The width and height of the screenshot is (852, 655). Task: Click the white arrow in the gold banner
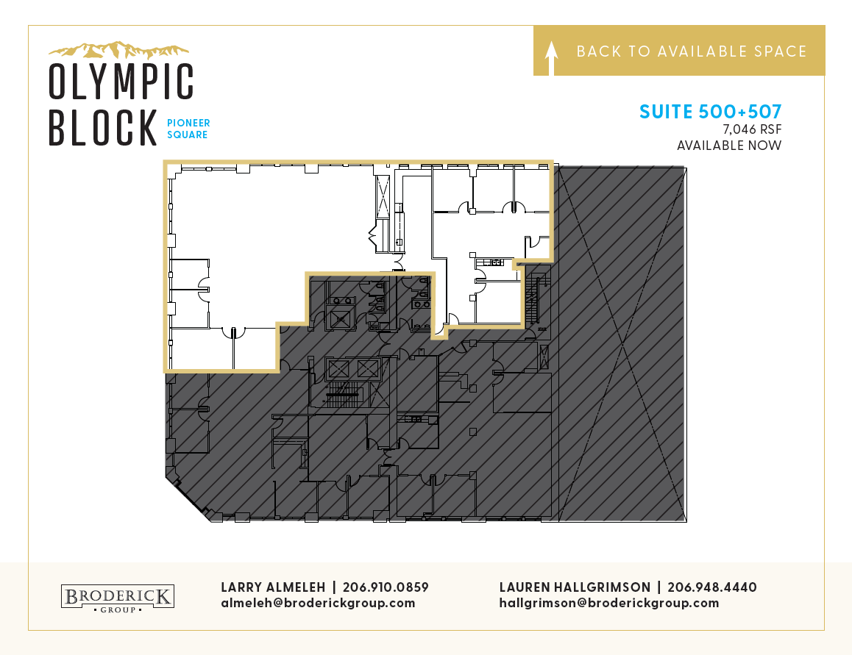[552, 57]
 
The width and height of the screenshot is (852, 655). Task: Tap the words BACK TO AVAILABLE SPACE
[691, 51]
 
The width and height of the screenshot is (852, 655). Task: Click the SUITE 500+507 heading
[710, 111]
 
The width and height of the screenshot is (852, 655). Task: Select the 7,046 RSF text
[752, 129]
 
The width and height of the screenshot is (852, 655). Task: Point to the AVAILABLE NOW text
[729, 146]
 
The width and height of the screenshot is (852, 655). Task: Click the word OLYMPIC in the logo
[121, 82]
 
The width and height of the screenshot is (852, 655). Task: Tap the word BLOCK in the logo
[103, 127]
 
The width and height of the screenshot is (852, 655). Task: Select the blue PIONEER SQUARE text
[188, 129]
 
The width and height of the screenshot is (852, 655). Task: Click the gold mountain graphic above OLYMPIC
[118, 50]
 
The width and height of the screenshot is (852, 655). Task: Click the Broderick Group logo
[118, 598]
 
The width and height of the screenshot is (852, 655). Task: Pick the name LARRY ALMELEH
[273, 587]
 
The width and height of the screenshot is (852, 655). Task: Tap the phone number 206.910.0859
[386, 587]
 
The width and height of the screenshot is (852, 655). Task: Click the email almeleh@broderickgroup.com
[318, 603]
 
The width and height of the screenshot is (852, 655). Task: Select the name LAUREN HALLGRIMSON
[575, 587]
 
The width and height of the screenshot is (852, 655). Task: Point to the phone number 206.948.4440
[711, 587]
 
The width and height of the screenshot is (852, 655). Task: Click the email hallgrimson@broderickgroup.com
[609, 603]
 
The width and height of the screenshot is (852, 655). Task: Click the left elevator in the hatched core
[338, 369]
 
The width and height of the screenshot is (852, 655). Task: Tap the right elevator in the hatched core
[367, 369]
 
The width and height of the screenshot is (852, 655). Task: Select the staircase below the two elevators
[342, 394]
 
